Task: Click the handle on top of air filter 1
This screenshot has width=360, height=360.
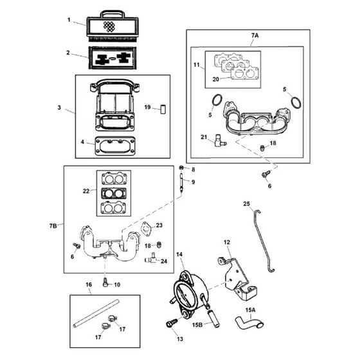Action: (x=113, y=12)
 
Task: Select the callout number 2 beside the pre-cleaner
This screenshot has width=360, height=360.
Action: (x=68, y=53)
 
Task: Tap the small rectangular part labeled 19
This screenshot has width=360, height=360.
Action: (x=163, y=109)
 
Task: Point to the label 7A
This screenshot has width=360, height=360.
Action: (x=255, y=35)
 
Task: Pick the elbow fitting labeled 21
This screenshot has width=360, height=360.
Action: (x=220, y=141)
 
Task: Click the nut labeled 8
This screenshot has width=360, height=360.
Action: (x=181, y=168)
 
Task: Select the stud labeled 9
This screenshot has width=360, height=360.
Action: (x=181, y=183)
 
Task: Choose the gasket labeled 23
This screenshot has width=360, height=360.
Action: (x=146, y=229)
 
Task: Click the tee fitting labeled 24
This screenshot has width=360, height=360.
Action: (x=151, y=258)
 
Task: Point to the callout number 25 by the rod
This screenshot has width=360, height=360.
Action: (x=246, y=204)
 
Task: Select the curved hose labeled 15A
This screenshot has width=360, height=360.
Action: (x=249, y=322)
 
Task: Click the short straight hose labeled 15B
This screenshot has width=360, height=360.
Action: (x=213, y=319)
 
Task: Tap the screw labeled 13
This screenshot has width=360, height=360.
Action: (x=171, y=323)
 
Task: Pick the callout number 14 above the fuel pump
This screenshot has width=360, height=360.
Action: (x=179, y=255)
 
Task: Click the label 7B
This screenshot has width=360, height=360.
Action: (x=53, y=226)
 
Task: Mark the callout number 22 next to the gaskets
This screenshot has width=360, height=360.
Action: (x=86, y=191)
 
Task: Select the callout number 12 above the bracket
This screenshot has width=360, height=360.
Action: (x=226, y=242)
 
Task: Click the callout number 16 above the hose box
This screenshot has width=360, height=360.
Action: (x=89, y=285)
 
